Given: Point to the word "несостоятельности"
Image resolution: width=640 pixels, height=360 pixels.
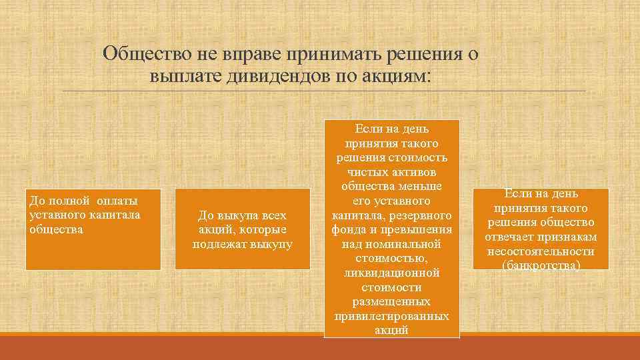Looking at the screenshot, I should (x=541, y=251).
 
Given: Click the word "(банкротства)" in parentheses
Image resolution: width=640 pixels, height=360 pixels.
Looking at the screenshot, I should (x=541, y=265).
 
